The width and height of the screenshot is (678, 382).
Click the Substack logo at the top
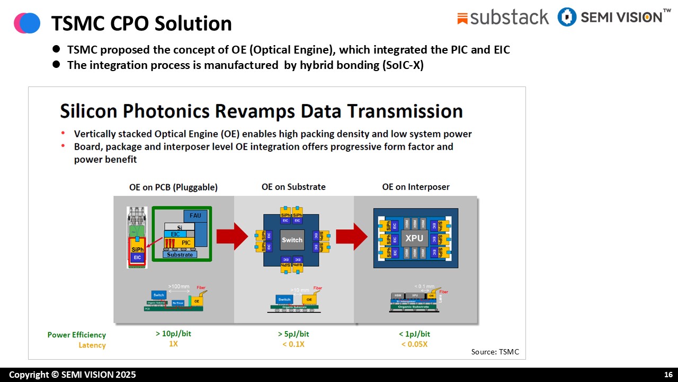pos(502,18)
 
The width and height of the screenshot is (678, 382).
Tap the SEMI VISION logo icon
pos(567,17)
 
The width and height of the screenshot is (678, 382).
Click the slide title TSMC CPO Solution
pos(141,24)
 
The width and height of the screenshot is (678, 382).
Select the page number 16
pos(668,375)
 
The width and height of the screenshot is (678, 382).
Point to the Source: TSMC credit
pos(495,352)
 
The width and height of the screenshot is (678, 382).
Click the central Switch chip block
pos(292,240)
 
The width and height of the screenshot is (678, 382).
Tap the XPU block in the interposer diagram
pos(414,238)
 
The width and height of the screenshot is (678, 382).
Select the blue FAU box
pos(194,216)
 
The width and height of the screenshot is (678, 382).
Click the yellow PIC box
pos(185,242)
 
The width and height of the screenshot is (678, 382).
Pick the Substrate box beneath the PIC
pos(180,255)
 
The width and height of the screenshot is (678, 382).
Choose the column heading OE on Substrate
pos(293,187)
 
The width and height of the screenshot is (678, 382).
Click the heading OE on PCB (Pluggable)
pos(173,187)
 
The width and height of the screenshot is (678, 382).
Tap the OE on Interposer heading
pos(416,187)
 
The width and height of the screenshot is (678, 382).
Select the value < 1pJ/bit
pos(415,334)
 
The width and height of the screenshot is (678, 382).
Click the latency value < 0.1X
pos(293,344)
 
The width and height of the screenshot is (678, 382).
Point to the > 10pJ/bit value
pos(173,334)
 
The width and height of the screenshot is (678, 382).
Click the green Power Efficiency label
pos(76,335)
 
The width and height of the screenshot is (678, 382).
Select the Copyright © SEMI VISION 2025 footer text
pos(72,375)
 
